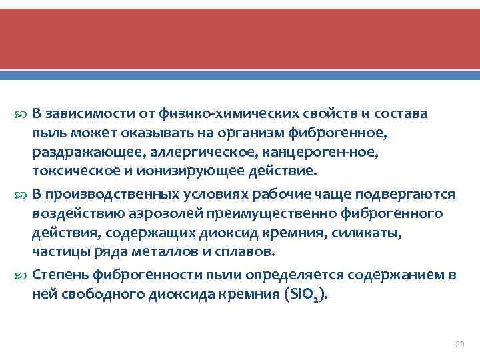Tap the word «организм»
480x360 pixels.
263,133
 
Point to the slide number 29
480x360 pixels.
458,344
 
